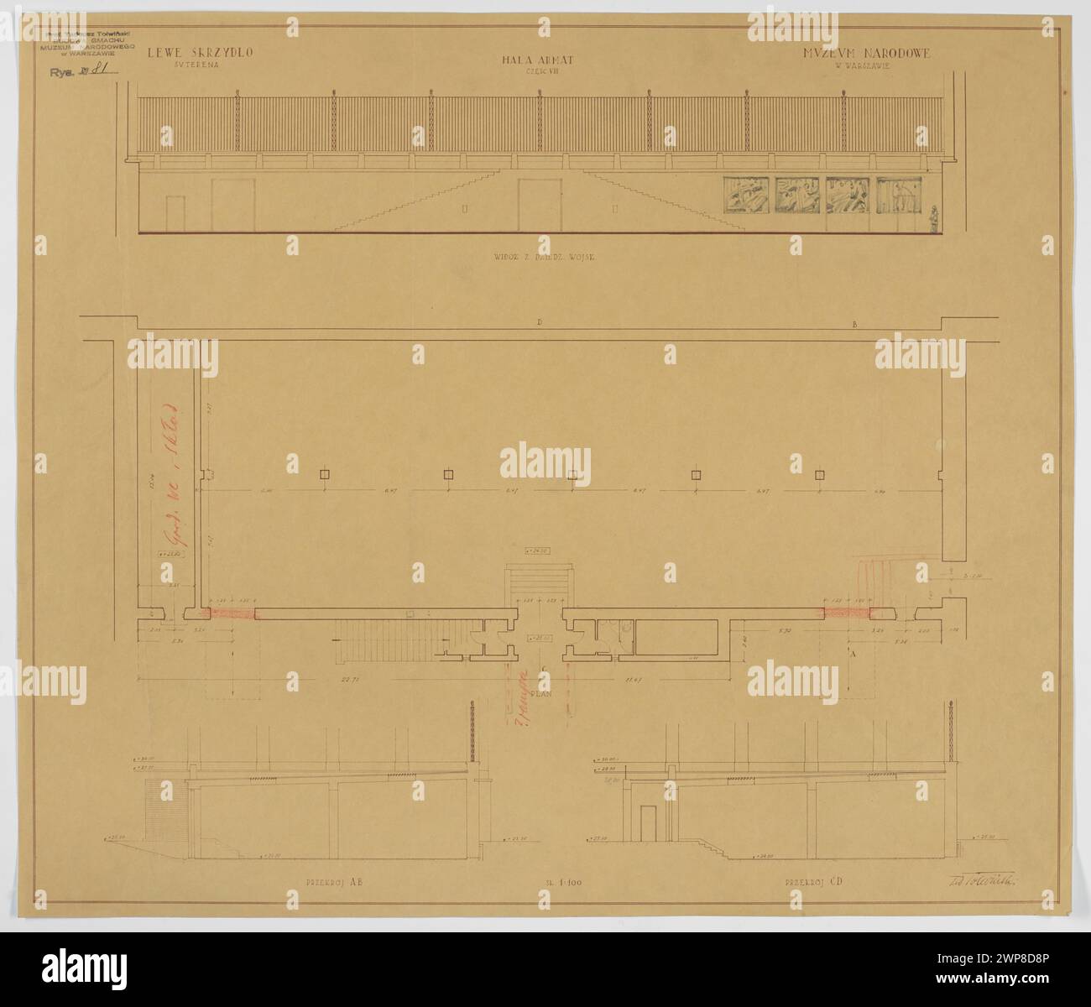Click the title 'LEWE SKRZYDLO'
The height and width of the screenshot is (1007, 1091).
[201, 53]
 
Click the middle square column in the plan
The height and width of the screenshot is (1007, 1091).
[572, 476]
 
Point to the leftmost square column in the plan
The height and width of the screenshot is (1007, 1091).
[325, 476]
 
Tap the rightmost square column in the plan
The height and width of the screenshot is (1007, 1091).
[820, 476]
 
